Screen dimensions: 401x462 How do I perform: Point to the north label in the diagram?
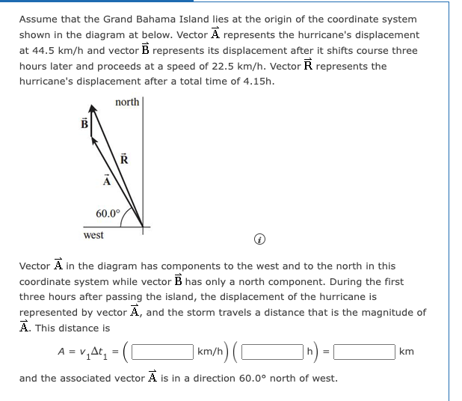tap(127, 102)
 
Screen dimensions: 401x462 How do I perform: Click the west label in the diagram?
tap(93, 235)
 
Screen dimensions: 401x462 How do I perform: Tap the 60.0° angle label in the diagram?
tap(108, 213)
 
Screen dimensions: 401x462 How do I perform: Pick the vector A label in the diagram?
tap(106, 180)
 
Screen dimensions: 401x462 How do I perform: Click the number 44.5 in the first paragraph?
tap(43, 50)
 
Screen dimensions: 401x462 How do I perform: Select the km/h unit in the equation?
tap(207, 352)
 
